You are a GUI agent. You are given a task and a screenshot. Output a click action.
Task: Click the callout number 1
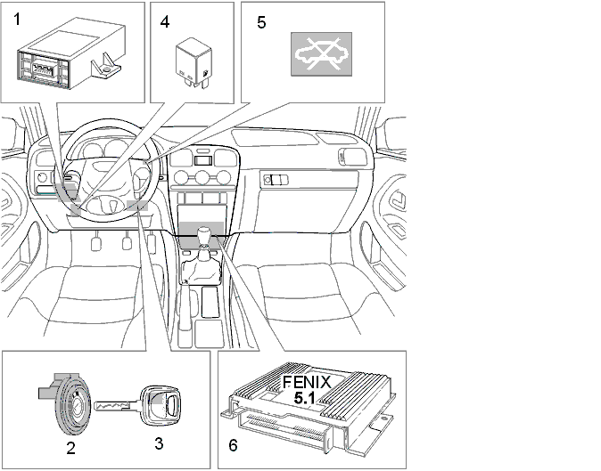click(16, 19)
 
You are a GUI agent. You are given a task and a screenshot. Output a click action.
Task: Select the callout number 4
click(165, 21)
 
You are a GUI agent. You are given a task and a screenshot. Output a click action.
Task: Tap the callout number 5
click(261, 22)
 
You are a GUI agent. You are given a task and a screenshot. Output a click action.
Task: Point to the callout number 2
click(71, 448)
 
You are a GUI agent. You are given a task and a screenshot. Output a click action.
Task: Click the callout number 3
click(159, 443)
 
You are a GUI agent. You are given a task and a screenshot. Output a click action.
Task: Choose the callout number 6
click(233, 445)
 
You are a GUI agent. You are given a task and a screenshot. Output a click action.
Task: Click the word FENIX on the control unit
click(307, 383)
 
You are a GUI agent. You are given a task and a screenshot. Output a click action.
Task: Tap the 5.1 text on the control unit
click(305, 398)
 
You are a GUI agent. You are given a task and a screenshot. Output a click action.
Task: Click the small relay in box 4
click(193, 63)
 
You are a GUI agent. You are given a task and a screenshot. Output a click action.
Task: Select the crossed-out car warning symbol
click(321, 54)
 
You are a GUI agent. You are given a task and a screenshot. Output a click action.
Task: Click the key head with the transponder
click(161, 406)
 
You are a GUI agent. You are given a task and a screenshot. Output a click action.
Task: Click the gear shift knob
click(205, 234)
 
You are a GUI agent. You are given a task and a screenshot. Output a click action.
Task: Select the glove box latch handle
click(276, 180)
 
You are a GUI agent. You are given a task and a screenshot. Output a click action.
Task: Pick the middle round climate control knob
click(202, 177)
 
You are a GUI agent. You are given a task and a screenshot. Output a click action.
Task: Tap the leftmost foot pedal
click(95, 244)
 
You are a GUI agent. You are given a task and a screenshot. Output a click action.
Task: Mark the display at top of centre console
click(203, 160)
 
